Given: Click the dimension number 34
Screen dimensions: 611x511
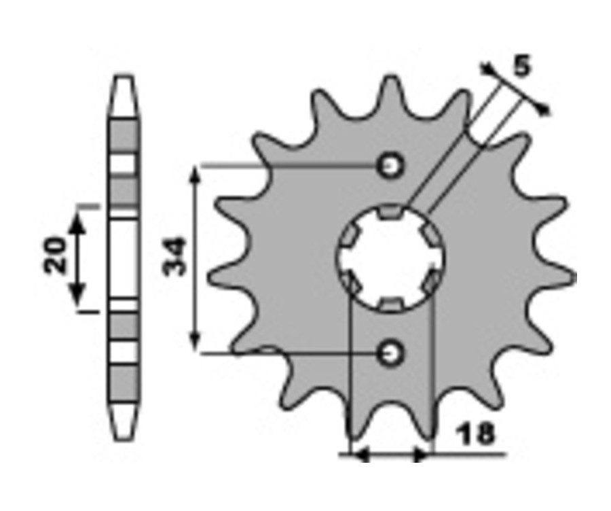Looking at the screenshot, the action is (x=174, y=256).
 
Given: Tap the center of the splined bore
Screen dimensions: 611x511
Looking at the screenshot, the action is (x=390, y=258).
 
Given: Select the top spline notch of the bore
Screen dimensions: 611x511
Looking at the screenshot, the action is (x=390, y=211).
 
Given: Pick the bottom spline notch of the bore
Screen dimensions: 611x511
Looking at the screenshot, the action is (x=390, y=304).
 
